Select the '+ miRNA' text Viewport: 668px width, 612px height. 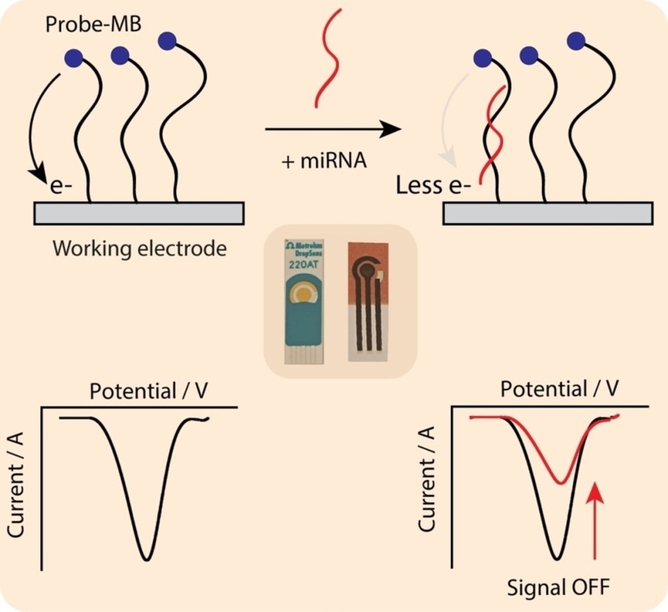[324, 161]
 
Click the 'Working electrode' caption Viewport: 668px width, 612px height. [139, 249]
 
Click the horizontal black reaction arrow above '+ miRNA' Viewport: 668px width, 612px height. [332, 129]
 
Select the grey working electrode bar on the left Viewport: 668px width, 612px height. [138, 213]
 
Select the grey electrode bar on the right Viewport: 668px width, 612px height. [547, 213]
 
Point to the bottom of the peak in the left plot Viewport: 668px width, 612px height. [147, 558]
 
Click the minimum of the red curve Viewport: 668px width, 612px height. [561, 483]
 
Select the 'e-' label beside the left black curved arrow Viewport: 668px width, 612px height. [62, 189]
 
